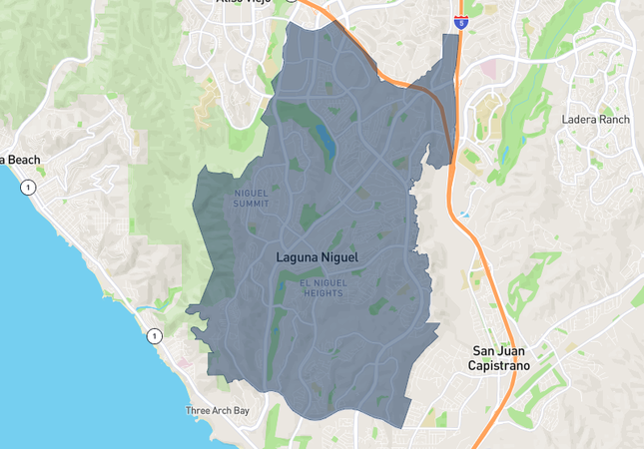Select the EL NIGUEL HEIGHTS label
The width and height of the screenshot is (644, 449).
pos(322,288)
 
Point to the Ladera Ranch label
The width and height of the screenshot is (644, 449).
pos(596,120)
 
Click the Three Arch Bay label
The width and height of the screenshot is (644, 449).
pos(218,410)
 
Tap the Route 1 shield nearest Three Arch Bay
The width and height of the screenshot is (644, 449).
pos(154,336)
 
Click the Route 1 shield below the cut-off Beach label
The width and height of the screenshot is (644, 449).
pos(29,187)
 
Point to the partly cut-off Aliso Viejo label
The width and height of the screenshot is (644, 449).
pos(245,3)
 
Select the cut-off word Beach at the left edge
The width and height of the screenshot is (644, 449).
pos(19,160)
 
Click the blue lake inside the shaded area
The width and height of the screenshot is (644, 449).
pos(324,140)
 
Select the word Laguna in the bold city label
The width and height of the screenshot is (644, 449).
pos(297,257)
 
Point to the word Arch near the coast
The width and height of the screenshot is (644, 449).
pos(220,410)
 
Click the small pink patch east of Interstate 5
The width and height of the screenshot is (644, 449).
pos(491,68)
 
